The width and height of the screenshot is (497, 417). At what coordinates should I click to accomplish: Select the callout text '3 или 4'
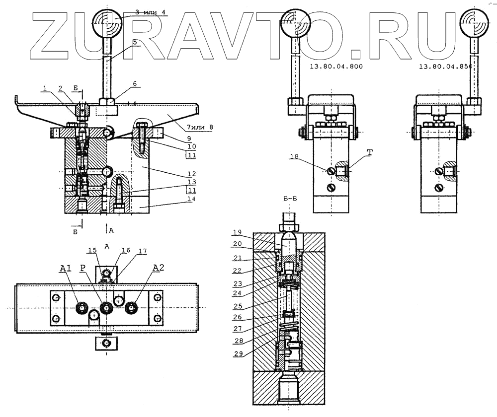tap(151, 13)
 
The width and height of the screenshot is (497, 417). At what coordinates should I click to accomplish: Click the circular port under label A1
tap(82, 308)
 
